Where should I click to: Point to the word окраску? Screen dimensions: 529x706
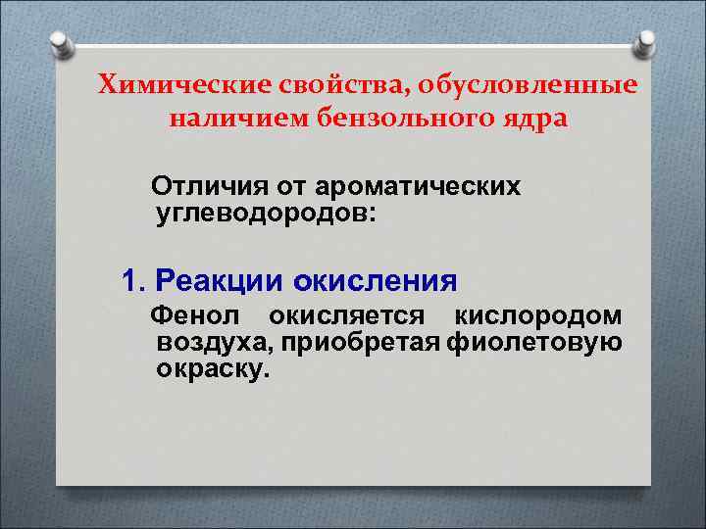[x=211, y=370]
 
